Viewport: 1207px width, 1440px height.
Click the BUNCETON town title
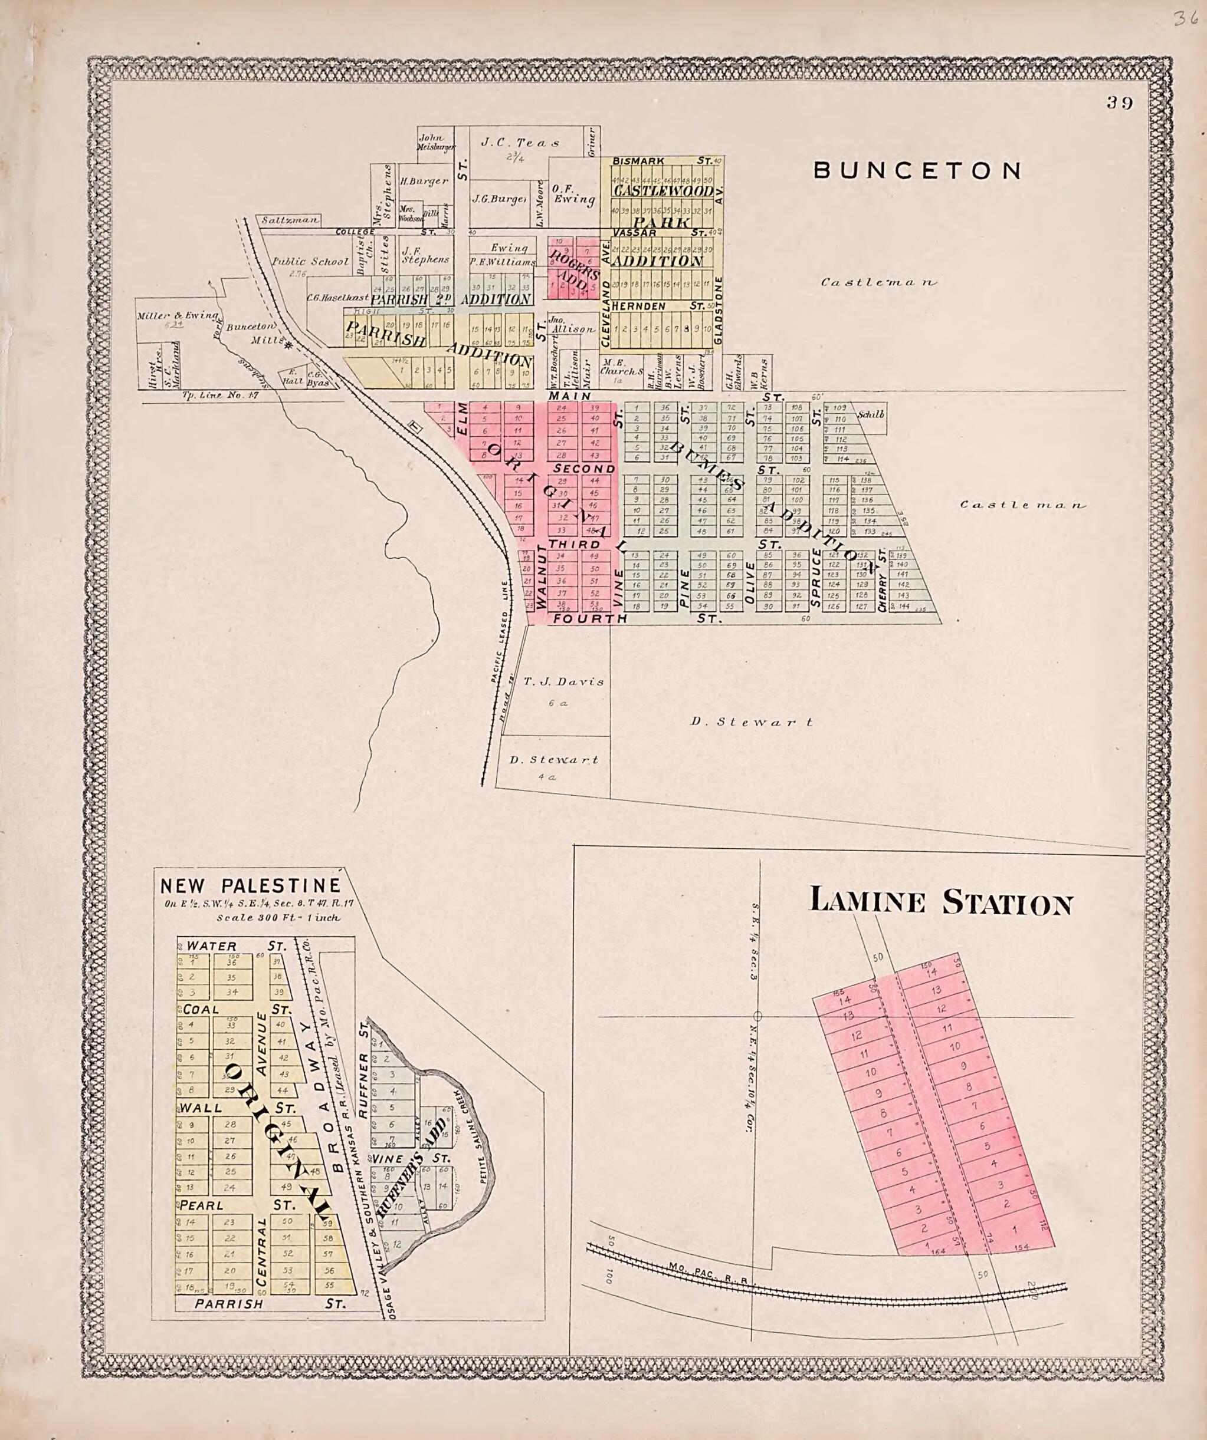(x=917, y=171)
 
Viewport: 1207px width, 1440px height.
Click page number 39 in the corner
(x=1119, y=103)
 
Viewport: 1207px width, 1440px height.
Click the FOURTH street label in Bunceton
(x=590, y=618)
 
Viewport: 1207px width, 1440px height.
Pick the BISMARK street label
(x=638, y=161)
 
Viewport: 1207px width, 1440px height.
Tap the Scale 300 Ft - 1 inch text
(x=278, y=917)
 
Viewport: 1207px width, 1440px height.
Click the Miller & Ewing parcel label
(x=177, y=315)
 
